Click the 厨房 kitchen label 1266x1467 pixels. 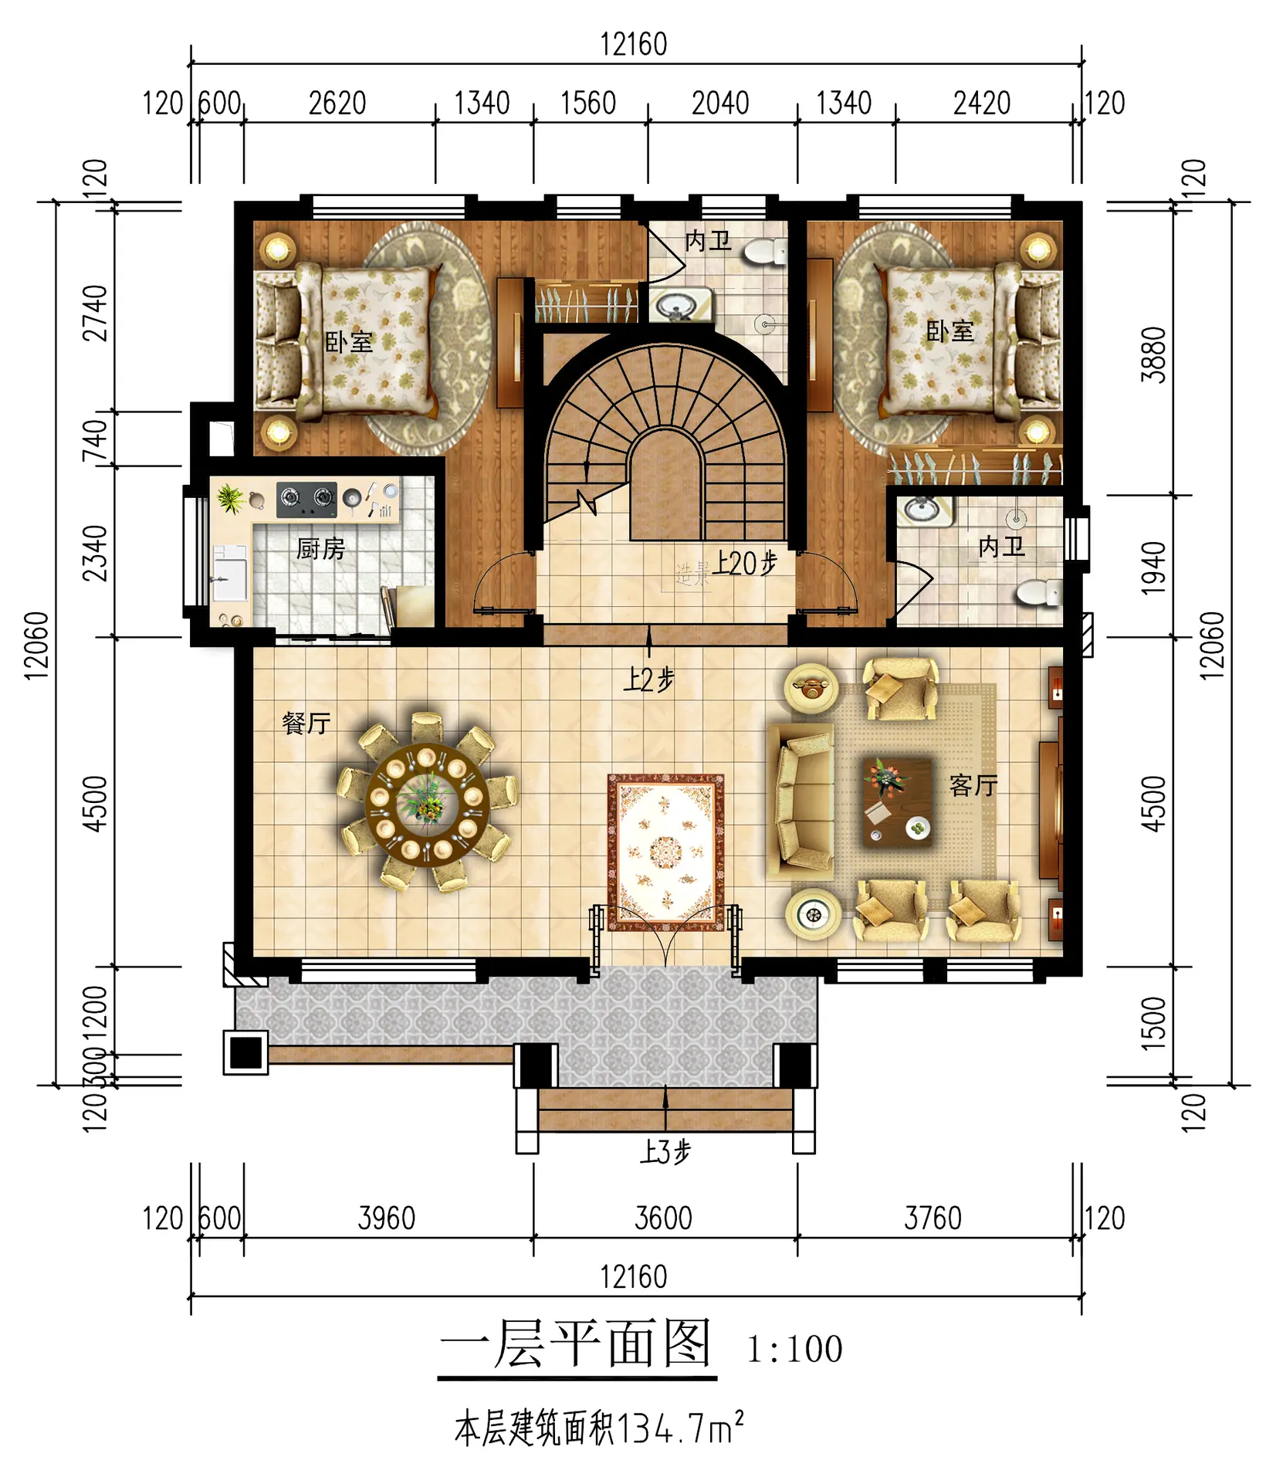[x=320, y=549]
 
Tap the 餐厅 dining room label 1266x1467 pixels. [x=306, y=723]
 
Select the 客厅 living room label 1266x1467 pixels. [x=973, y=786]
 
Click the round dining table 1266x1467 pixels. [x=427, y=803]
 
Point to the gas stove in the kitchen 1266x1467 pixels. [x=306, y=499]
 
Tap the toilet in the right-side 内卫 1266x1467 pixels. [x=1039, y=593]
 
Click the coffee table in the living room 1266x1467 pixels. [x=897, y=802]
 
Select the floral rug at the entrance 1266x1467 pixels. [x=665, y=852]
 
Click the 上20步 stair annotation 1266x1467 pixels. [x=744, y=564]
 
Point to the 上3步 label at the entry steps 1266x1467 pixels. [x=665, y=1152]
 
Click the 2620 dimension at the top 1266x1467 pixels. [x=337, y=103]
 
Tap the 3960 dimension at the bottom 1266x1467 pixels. [x=387, y=1219]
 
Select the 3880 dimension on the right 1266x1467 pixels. [x=1153, y=354]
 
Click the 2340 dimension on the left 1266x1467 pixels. [x=95, y=553]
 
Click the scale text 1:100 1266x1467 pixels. [x=794, y=1350]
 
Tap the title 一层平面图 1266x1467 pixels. [x=576, y=1343]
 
